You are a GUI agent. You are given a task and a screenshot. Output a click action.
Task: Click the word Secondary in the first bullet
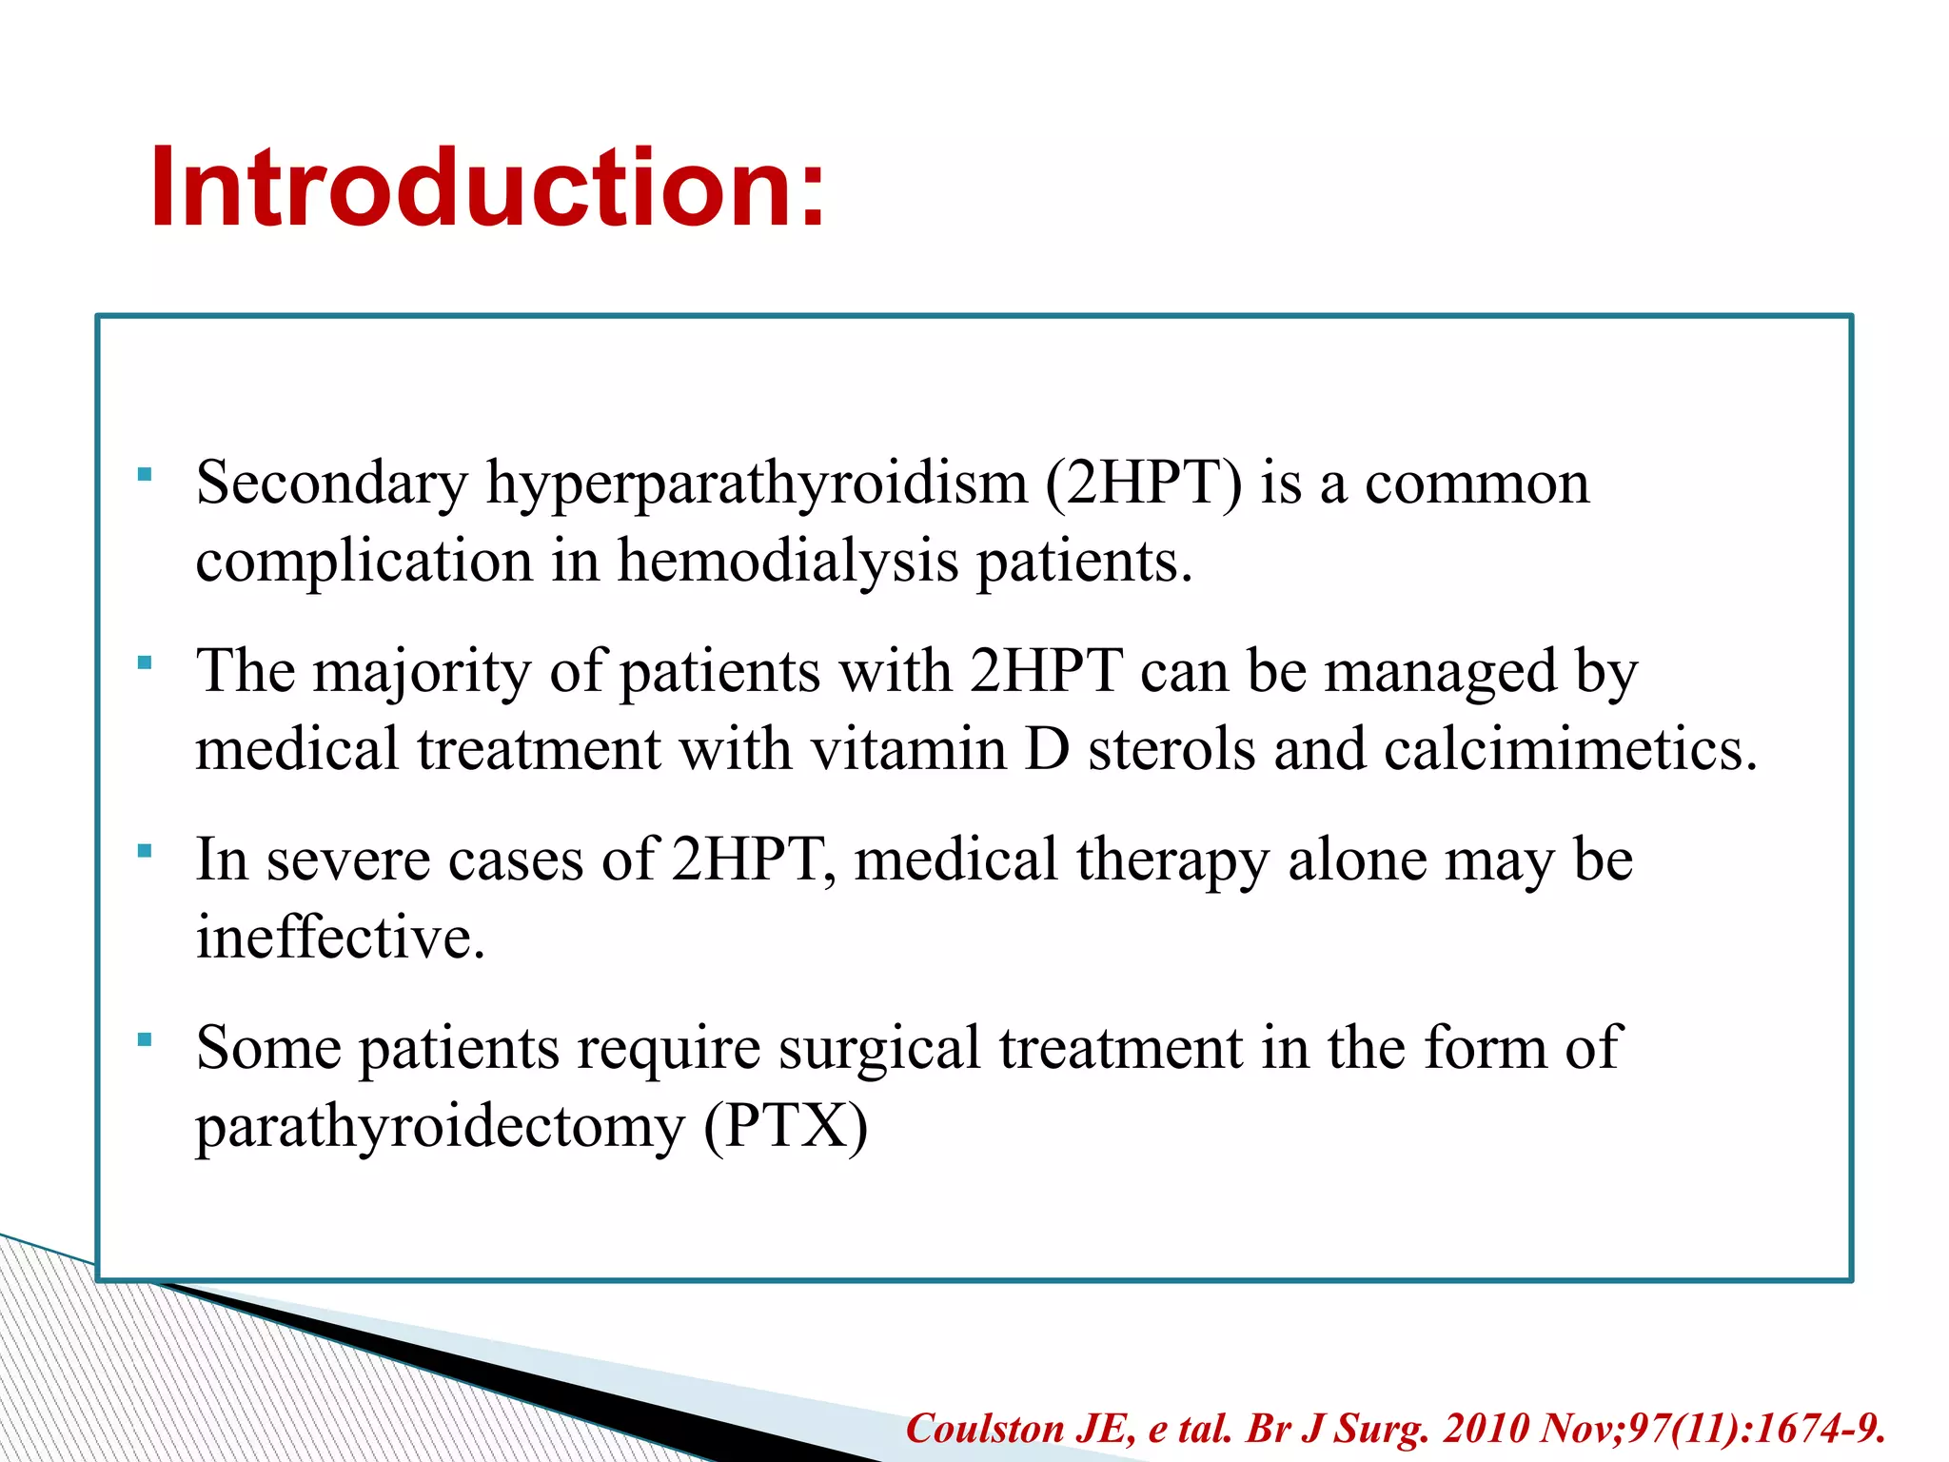pyautogui.click(x=331, y=482)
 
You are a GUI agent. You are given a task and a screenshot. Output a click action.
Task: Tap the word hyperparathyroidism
pyautogui.click(x=757, y=484)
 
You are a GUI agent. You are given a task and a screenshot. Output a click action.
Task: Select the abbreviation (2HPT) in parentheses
pyautogui.click(x=1144, y=482)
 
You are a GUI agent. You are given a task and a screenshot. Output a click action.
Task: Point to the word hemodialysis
pyautogui.click(x=788, y=561)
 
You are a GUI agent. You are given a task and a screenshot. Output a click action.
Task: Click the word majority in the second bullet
pyautogui.click(x=422, y=672)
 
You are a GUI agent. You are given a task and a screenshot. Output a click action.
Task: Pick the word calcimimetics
pyautogui.click(x=1570, y=749)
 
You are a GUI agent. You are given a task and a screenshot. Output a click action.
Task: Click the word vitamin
pyautogui.click(x=909, y=749)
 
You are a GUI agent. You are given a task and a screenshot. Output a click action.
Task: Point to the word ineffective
pyautogui.click(x=340, y=938)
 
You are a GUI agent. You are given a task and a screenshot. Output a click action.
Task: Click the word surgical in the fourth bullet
pyautogui.click(x=878, y=1049)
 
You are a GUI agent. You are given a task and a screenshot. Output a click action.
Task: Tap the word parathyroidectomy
pyautogui.click(x=440, y=1127)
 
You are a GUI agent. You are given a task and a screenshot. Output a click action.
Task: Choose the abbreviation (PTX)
pyautogui.click(x=786, y=1127)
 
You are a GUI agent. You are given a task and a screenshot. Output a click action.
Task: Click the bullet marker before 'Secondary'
pyautogui.click(x=145, y=473)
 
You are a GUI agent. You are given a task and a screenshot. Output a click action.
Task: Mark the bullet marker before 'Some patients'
pyautogui.click(x=145, y=1038)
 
